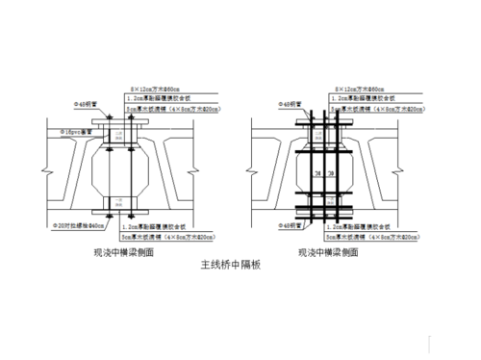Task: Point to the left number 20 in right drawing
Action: coord(315,174)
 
